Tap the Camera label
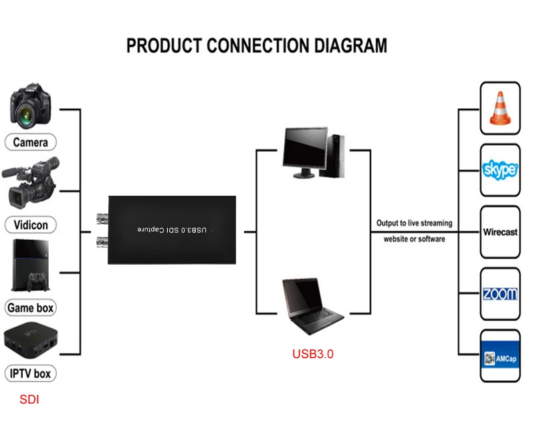pos(31,142)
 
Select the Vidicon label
pos(31,225)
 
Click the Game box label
pos(31,308)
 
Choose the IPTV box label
pos(31,373)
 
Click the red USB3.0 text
pos(312,354)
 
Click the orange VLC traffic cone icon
pos(500,108)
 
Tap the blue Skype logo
pos(500,169)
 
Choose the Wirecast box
pos(500,232)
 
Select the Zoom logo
pos(500,294)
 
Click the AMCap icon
pos(500,356)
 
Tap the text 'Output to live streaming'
pos(414,223)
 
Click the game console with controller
pos(30,266)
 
